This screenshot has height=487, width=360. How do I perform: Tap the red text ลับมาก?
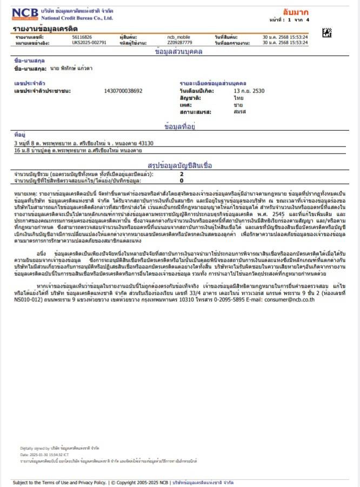click(295, 11)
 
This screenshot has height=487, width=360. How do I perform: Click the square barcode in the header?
click(327, 33)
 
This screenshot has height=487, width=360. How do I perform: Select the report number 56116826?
click(81, 37)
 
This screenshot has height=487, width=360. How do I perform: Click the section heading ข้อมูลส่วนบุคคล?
click(179, 52)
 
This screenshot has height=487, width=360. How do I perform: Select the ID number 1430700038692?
click(123, 91)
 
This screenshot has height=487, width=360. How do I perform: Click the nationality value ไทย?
click(238, 98)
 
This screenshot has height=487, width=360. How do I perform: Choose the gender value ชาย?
click(238, 105)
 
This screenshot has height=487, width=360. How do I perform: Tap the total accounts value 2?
click(182, 174)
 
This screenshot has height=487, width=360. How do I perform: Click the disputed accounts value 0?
click(182, 180)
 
